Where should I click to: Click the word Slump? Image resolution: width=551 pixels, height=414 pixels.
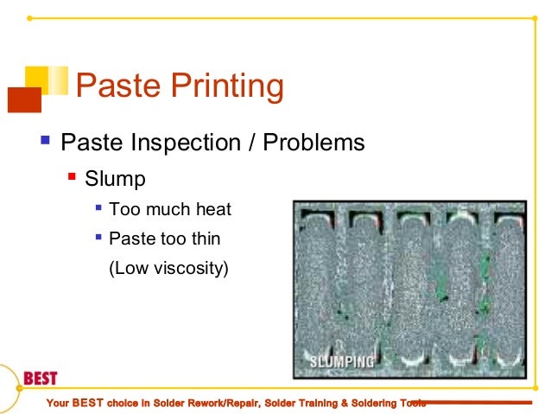[x=116, y=179]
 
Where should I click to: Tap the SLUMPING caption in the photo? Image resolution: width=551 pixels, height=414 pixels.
[x=339, y=360]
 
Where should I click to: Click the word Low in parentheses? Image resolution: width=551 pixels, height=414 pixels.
[x=126, y=268]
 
